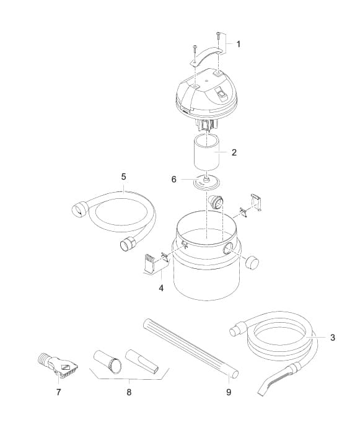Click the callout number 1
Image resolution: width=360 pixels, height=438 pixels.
(x=239, y=44)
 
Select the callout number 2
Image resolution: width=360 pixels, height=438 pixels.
(x=234, y=152)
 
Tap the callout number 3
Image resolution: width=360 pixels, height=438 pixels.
(x=333, y=338)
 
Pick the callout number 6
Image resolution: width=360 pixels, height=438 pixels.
(x=174, y=179)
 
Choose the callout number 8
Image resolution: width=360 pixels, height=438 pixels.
(x=129, y=392)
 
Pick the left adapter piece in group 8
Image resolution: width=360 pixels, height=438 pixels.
(x=106, y=361)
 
